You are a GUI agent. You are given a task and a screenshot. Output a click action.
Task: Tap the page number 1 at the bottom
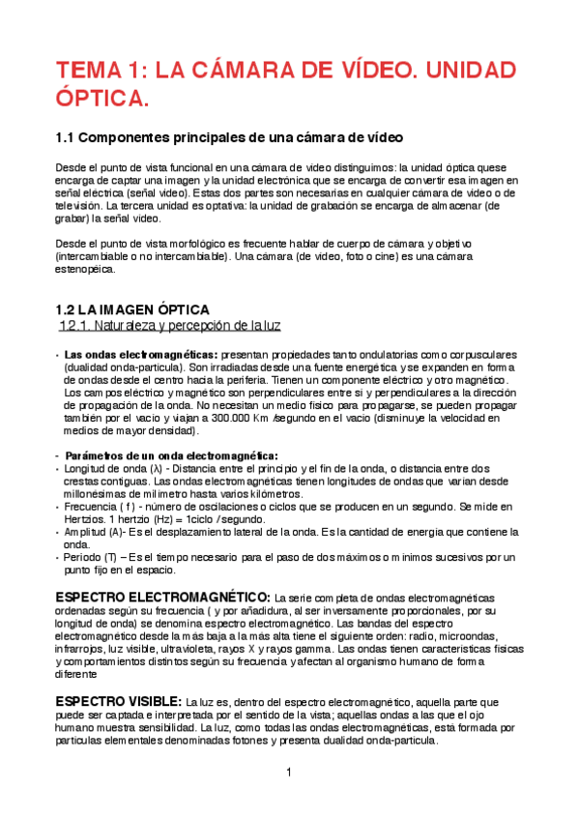pos(289,772)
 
